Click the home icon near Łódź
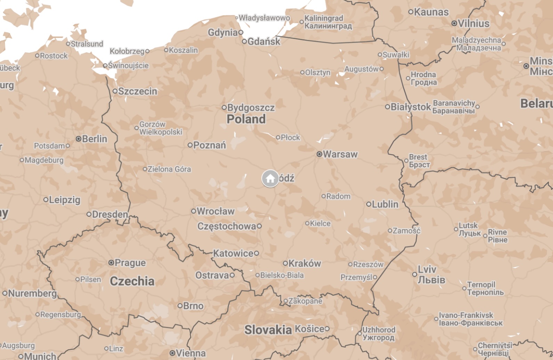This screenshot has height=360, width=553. click(270, 179)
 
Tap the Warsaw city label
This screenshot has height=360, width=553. click(340, 154)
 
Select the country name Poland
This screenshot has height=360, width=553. click(246, 119)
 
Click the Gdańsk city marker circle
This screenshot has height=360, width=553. click(244, 41)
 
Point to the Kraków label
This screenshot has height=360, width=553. click(304, 263)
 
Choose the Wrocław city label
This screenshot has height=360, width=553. click(215, 211)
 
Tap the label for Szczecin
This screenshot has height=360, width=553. click(138, 91)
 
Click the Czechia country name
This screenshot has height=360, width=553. click(132, 281)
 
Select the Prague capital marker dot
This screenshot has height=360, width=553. click(111, 263)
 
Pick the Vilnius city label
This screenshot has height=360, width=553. click(473, 23)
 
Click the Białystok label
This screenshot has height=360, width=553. click(410, 107)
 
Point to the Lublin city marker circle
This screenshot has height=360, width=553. click(369, 204)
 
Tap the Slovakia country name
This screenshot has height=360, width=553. click(268, 330)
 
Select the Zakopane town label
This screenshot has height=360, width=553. click(305, 301)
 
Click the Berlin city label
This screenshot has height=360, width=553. click(95, 139)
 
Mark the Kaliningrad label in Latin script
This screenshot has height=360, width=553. click(324, 18)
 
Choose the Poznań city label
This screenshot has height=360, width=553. click(210, 145)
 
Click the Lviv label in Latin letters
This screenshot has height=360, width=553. click(427, 269)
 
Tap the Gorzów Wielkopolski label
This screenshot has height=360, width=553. click(161, 128)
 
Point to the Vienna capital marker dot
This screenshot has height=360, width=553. click(172, 353)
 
